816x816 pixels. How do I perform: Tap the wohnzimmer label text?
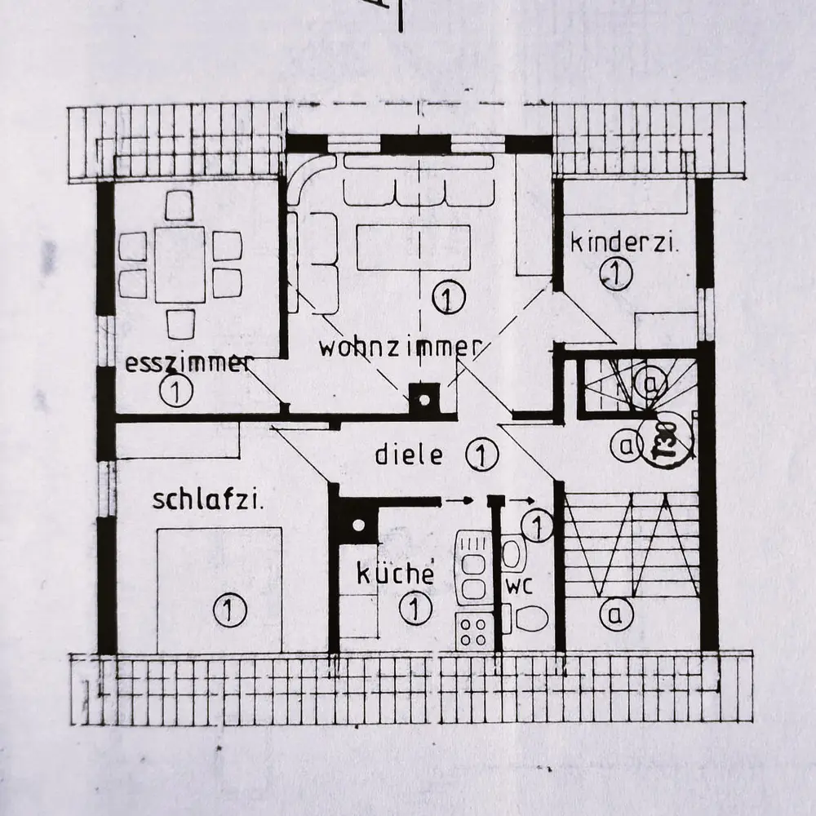(x=398, y=347)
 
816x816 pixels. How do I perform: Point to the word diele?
(x=409, y=455)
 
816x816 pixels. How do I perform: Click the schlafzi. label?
(x=208, y=499)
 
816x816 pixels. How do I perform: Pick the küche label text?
(x=394, y=573)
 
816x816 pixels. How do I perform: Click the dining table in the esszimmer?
(x=180, y=264)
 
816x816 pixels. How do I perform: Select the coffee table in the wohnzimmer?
(x=414, y=246)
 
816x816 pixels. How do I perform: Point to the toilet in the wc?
(x=526, y=619)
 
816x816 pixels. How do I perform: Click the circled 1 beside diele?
(x=482, y=455)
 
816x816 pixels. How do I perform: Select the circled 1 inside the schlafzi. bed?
(x=229, y=608)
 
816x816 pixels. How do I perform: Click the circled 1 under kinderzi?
(x=615, y=273)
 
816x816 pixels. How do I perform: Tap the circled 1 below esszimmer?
(x=176, y=392)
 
